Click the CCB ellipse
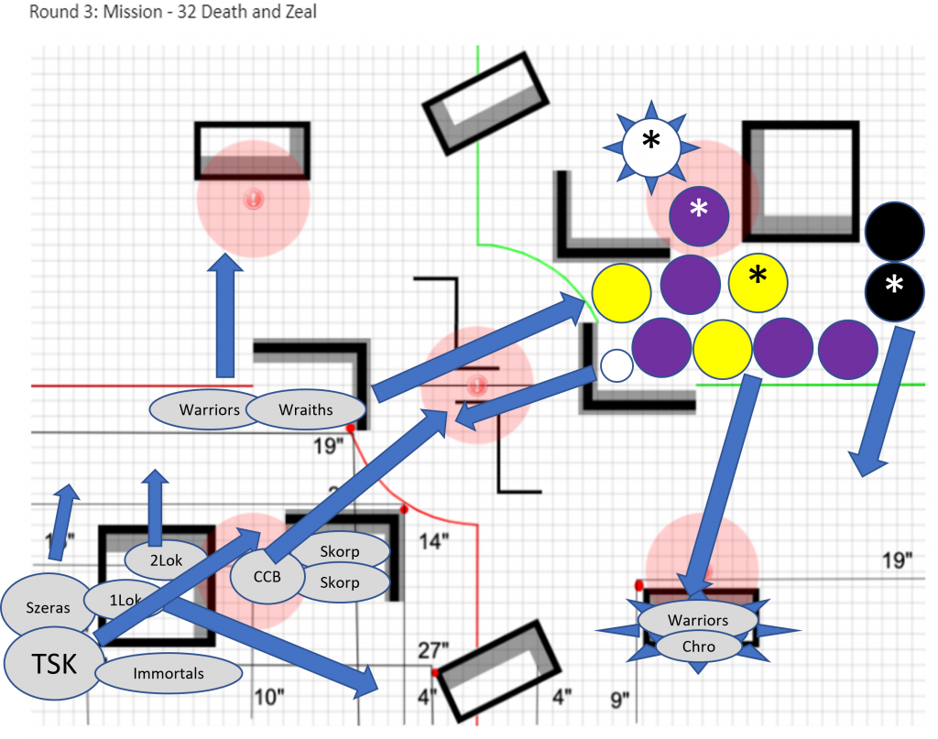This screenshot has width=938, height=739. click(x=267, y=577)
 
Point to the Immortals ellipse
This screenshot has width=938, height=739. click(x=169, y=674)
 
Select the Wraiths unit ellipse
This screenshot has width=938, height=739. click(x=306, y=409)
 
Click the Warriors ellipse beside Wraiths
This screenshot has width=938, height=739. click(x=209, y=409)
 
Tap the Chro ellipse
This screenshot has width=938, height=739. click(x=698, y=647)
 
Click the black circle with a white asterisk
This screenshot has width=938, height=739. click(x=894, y=288)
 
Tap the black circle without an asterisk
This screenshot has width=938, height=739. click(x=894, y=230)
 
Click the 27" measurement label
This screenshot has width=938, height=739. click(x=432, y=650)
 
